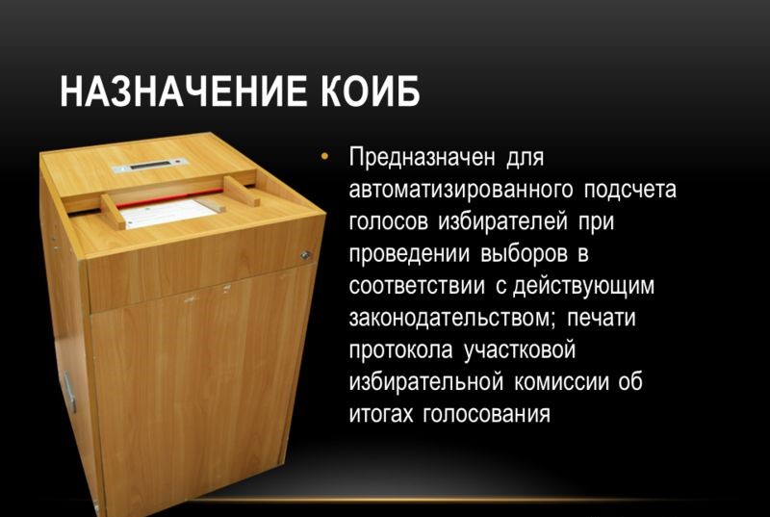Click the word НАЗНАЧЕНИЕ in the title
[188, 90]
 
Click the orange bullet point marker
[324, 157]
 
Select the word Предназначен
[422, 158]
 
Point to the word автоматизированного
[461, 190]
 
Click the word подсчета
[630, 190]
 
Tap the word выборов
[524, 254]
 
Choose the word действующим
[584, 286]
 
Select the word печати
[601, 318]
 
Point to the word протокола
[400, 350]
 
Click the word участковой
[519, 350]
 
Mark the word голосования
[486, 414]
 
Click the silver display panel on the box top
[150, 165]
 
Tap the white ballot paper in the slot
[169, 213]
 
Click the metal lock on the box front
[305, 255]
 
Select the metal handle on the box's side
[69, 391]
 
